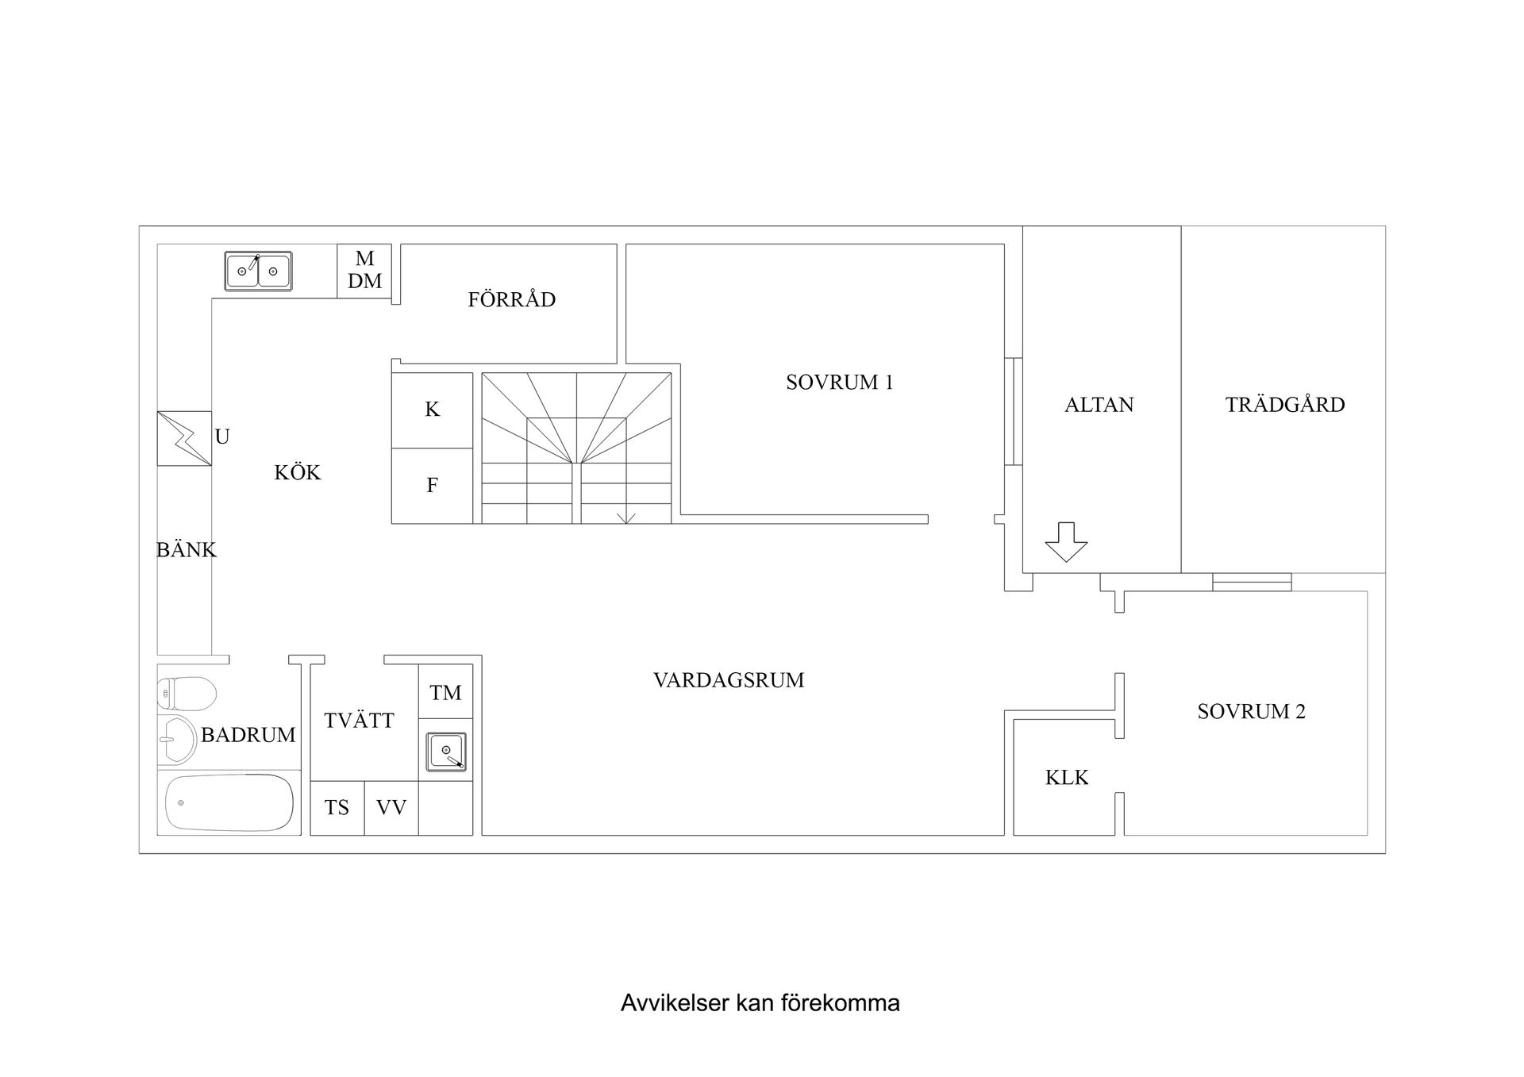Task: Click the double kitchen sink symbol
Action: click(258, 271)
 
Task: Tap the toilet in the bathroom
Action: click(187, 694)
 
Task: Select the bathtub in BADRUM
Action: click(229, 802)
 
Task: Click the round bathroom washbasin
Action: click(176, 739)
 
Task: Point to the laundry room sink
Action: click(446, 752)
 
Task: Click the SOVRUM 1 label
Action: click(840, 383)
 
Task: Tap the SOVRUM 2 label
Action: click(1251, 712)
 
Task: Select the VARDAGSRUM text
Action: click(729, 680)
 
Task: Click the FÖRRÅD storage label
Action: click(512, 298)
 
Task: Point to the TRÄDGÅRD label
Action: click(1285, 404)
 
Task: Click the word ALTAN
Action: click(1099, 405)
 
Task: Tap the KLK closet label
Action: click(1067, 778)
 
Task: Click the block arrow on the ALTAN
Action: click(1066, 542)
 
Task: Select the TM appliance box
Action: click(445, 692)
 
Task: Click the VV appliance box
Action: click(391, 808)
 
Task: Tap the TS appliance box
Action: click(337, 808)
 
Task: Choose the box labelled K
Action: click(433, 410)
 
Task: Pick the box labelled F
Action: click(433, 486)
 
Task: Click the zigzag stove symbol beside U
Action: click(184, 438)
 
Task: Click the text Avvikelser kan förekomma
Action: click(760, 1003)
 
